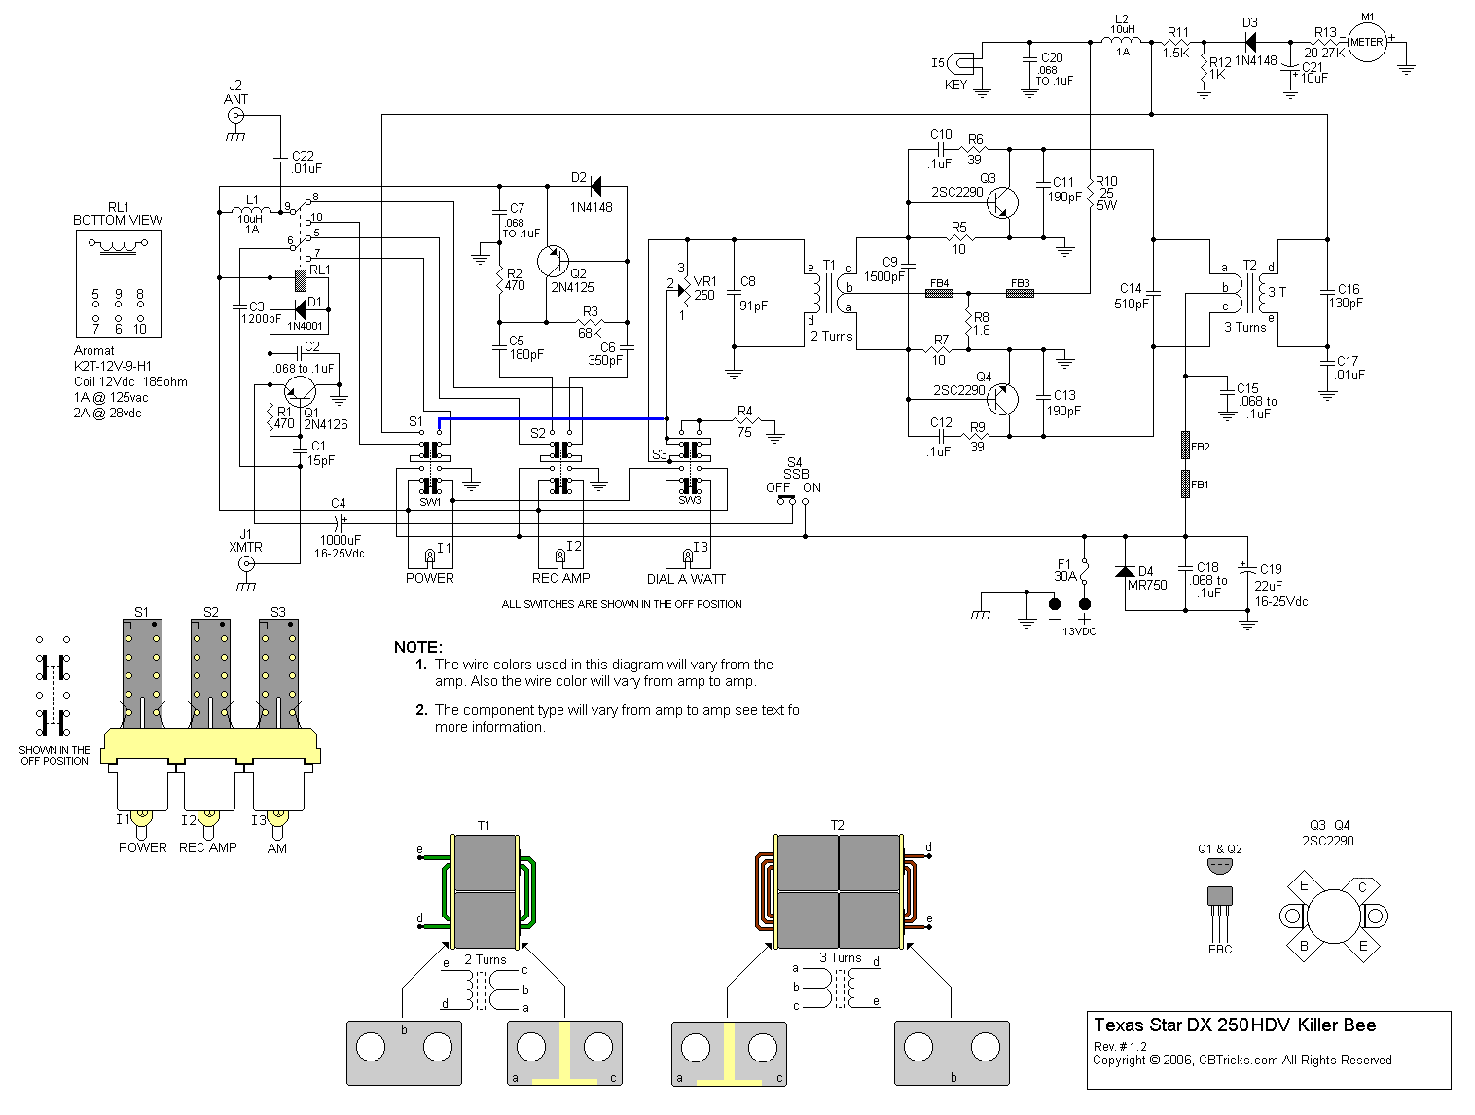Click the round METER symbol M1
(x=1367, y=42)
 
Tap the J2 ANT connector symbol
(x=235, y=116)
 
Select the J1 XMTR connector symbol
(x=246, y=563)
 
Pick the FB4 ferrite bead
(x=939, y=293)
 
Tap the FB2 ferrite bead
(x=1185, y=445)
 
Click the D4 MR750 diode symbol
(x=1125, y=571)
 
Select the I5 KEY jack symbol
(x=962, y=64)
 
